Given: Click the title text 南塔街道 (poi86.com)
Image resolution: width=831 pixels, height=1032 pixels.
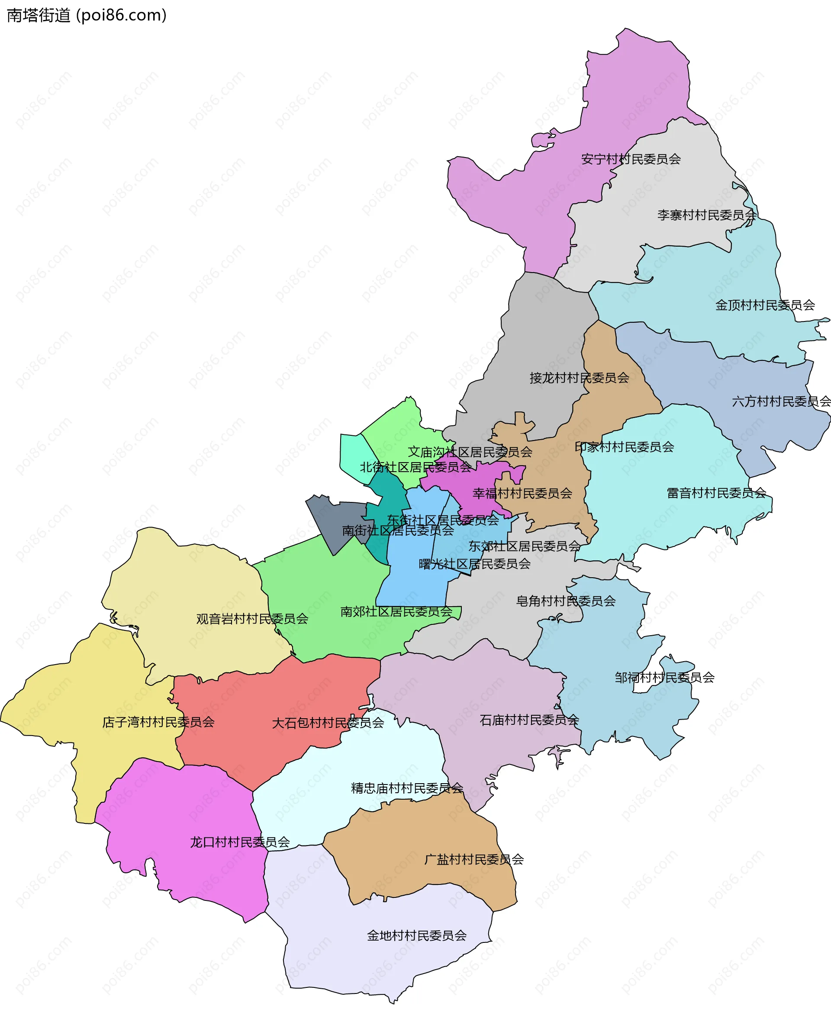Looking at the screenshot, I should pyautogui.click(x=86, y=15).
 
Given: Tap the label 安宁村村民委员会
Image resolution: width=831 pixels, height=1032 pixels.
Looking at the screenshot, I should pyautogui.click(x=631, y=159).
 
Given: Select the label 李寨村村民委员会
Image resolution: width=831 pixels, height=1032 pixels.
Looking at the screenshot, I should pyautogui.click(x=706, y=215).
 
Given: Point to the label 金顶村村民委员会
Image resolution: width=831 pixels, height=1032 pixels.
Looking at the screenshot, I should pyautogui.click(x=764, y=305).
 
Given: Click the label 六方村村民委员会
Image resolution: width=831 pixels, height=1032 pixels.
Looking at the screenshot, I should pyautogui.click(x=781, y=401).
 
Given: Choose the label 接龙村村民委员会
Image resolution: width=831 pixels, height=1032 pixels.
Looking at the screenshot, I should pyautogui.click(x=579, y=378).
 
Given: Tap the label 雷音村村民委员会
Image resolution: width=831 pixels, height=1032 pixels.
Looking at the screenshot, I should pyautogui.click(x=716, y=492).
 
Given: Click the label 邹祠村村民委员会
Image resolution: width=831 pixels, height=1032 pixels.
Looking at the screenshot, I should pyautogui.click(x=664, y=677).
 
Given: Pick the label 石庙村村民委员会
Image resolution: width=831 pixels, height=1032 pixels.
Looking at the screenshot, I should pyautogui.click(x=529, y=720).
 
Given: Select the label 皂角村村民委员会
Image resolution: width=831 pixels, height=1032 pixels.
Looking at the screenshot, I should pyautogui.click(x=565, y=601).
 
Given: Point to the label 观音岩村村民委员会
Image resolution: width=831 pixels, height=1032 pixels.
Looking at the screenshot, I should pyautogui.click(x=252, y=619).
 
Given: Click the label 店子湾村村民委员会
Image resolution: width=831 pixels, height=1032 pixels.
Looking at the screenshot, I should pyautogui.click(x=158, y=722).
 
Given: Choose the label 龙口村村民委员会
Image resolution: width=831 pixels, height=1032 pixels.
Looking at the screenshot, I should pyautogui.click(x=239, y=842).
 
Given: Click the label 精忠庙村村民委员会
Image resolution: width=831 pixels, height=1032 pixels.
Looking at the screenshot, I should pyautogui.click(x=406, y=788).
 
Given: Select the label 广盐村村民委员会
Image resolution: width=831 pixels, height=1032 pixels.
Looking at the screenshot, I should pyautogui.click(x=473, y=859).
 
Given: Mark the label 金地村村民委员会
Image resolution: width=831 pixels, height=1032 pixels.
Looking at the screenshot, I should pyautogui.click(x=416, y=936).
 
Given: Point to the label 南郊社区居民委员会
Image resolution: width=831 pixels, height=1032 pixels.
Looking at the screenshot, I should pyautogui.click(x=396, y=611).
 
